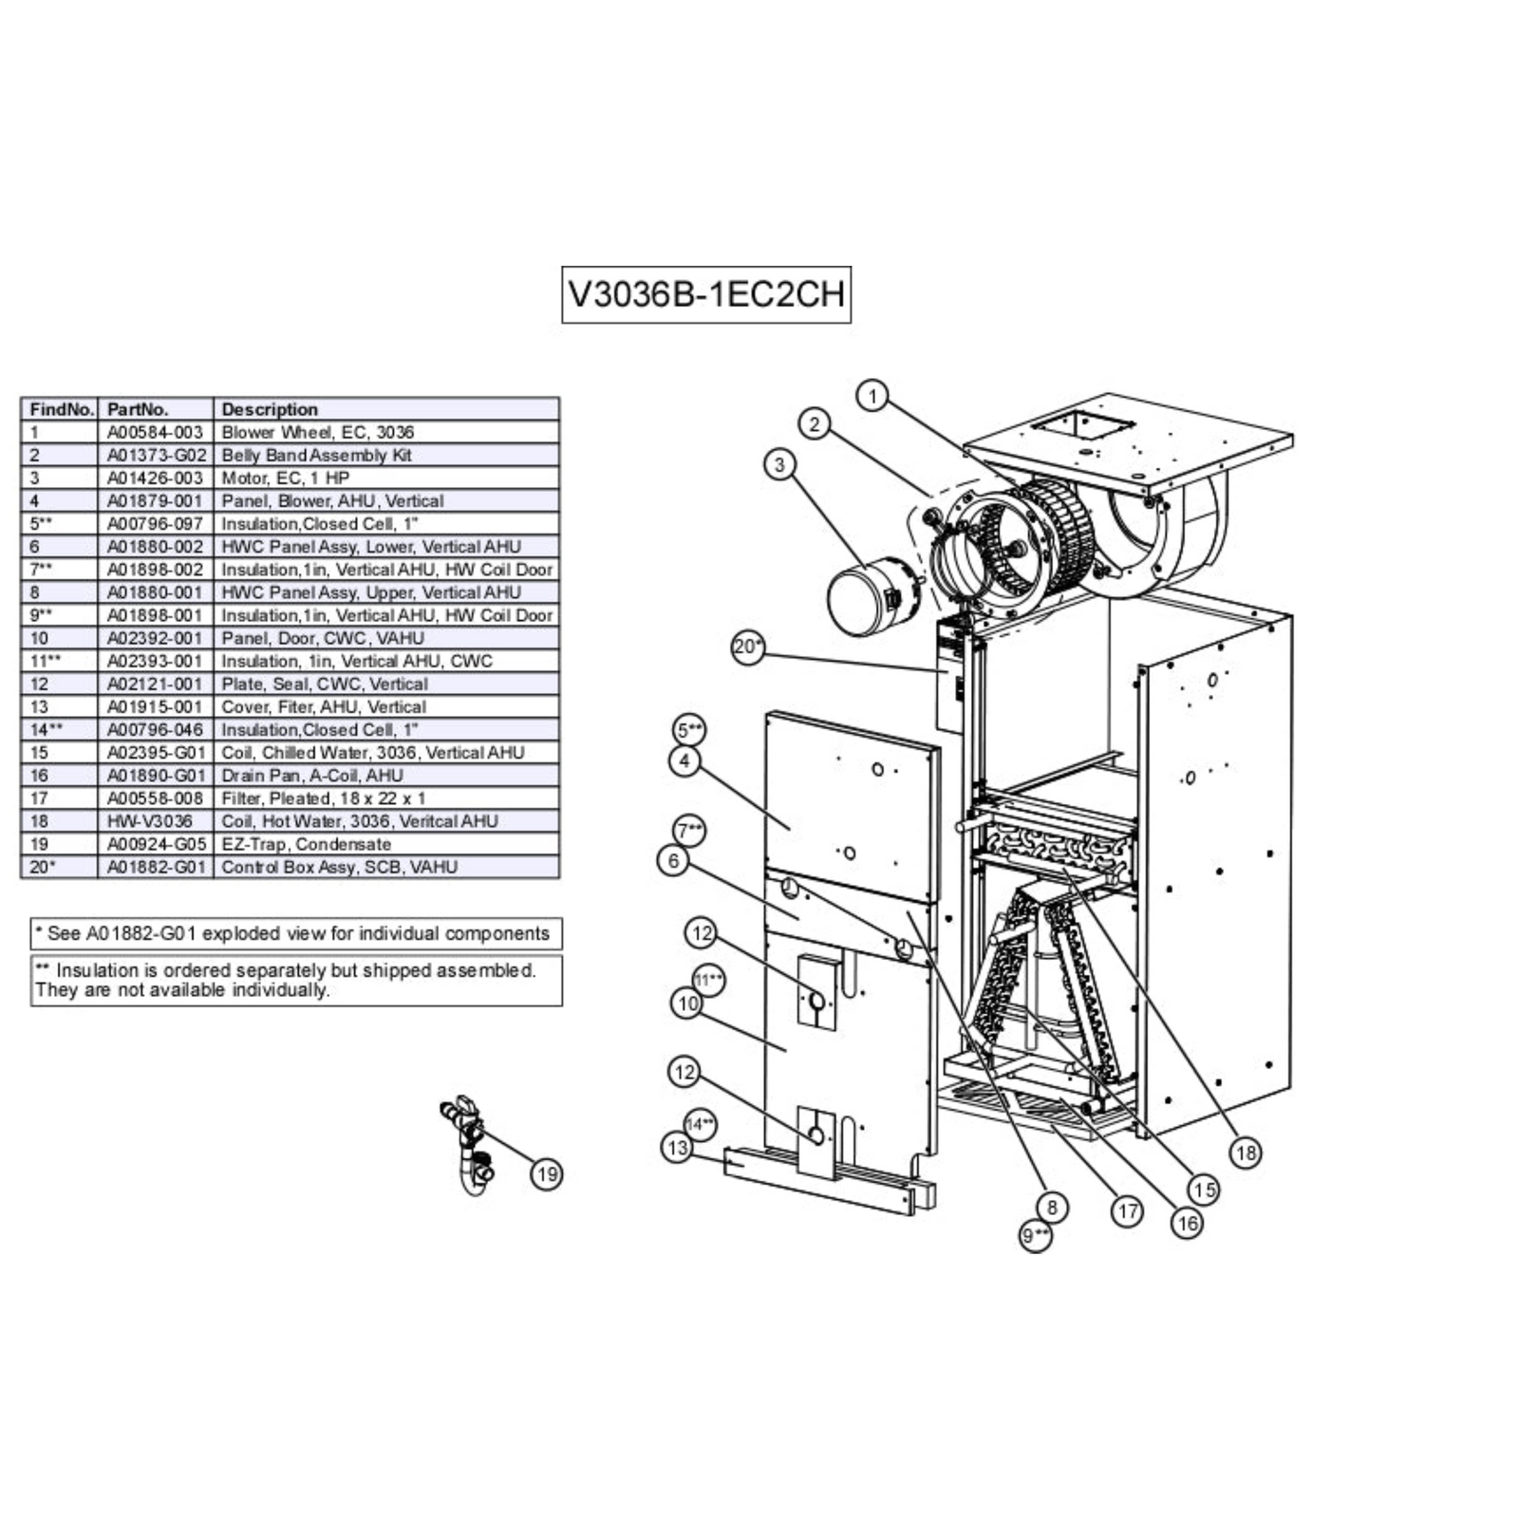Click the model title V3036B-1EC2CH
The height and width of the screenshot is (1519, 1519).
click(x=706, y=294)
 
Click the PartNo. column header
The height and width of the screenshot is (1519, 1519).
click(x=138, y=409)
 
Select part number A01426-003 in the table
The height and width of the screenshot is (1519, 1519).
click(x=155, y=478)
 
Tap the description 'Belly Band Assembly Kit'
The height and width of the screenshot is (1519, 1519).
click(x=316, y=455)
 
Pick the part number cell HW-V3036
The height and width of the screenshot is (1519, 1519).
click(x=150, y=821)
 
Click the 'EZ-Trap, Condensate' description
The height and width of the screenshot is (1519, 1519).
click(x=306, y=844)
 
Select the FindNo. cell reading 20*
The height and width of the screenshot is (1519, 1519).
click(x=43, y=867)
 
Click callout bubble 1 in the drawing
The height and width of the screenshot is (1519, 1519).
click(x=872, y=396)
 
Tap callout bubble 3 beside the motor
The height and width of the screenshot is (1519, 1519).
click(x=780, y=464)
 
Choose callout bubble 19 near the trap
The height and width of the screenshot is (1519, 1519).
click(x=547, y=1174)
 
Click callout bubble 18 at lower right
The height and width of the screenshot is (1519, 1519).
click(x=1245, y=1153)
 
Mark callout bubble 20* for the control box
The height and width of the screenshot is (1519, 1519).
click(x=748, y=647)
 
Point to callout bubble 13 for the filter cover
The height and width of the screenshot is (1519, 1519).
click(x=677, y=1148)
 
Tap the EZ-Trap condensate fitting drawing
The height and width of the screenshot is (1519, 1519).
click(x=470, y=1144)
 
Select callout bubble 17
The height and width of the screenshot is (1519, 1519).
click(x=1127, y=1211)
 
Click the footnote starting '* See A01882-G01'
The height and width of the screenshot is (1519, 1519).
click(x=296, y=933)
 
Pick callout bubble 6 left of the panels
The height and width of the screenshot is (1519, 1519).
click(x=673, y=861)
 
